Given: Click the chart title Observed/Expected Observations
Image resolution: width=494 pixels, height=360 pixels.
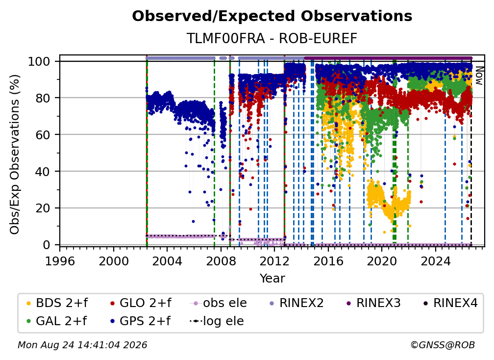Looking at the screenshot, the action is pyautogui.click(x=272, y=16).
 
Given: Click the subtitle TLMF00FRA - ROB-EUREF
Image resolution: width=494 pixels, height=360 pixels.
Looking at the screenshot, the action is pyautogui.click(x=272, y=38).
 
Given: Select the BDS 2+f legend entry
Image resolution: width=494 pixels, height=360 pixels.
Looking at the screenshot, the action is pyautogui.click(x=57, y=303).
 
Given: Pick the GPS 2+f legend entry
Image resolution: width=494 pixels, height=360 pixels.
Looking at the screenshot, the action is pyautogui.click(x=140, y=321).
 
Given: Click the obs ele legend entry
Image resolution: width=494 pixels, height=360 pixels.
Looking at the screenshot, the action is pyautogui.click(x=219, y=303).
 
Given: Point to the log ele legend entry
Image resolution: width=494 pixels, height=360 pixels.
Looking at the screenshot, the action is pyautogui.click(x=217, y=321).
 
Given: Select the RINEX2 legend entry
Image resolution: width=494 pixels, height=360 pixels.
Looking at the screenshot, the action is pyautogui.click(x=296, y=303).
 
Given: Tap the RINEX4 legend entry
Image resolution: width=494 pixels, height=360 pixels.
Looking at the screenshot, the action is pyautogui.click(x=450, y=303).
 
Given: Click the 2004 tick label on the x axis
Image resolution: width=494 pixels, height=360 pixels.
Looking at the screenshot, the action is pyautogui.click(x=167, y=261).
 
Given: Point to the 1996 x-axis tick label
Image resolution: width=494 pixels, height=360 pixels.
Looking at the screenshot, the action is pyautogui.click(x=60, y=261).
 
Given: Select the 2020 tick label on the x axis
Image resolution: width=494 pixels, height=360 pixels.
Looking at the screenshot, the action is pyautogui.click(x=381, y=261).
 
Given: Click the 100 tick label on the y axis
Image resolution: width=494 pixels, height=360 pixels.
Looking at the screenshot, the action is pyautogui.click(x=39, y=61).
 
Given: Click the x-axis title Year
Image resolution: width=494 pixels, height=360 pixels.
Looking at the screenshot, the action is pyautogui.click(x=272, y=279).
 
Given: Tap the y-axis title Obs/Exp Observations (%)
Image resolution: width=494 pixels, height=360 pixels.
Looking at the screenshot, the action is pyautogui.click(x=15, y=154).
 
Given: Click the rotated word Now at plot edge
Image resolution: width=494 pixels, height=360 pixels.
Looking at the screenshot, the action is pyautogui.click(x=479, y=76).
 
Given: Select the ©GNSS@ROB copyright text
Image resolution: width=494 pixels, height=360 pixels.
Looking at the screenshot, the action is pyautogui.click(x=443, y=345).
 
